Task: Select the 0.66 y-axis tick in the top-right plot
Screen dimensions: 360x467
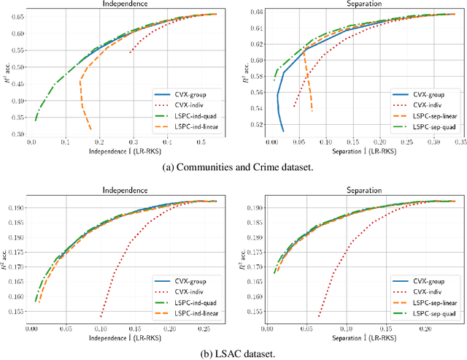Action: [x=256, y=12]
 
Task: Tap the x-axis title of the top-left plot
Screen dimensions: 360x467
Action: [x=124, y=152]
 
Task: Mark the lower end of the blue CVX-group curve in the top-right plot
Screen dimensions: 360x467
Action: [x=283, y=131]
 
